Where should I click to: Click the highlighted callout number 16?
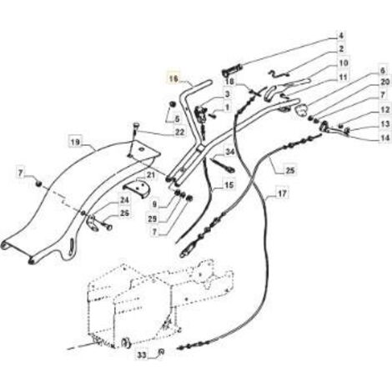click(173, 79)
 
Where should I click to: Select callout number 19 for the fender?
click(75, 143)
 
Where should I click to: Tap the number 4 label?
click(341, 36)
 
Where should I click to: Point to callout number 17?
click(282, 193)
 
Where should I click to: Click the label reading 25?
click(290, 170)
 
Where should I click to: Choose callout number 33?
click(142, 355)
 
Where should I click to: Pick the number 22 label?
click(180, 133)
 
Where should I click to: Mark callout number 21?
click(150, 175)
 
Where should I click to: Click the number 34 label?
click(230, 153)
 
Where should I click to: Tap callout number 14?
click(384, 138)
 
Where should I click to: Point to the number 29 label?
click(153, 219)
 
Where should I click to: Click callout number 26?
click(125, 214)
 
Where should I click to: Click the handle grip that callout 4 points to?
click(232, 70)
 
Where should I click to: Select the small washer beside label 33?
click(160, 352)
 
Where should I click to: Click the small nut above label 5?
click(173, 104)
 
